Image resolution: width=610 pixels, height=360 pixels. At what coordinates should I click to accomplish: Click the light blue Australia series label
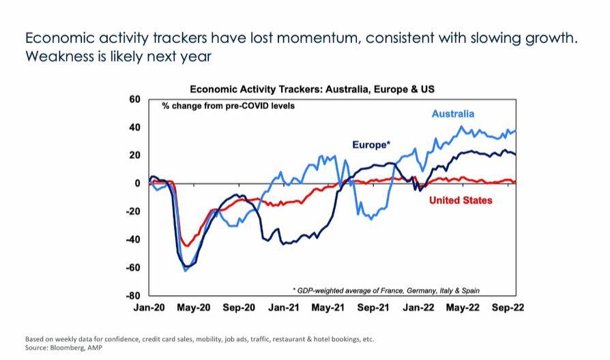(452, 114)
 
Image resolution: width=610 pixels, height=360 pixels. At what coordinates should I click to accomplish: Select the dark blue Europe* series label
(371, 145)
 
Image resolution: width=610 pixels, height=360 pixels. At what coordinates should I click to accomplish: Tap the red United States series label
(461, 200)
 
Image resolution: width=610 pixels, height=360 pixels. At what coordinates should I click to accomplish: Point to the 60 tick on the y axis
(134, 100)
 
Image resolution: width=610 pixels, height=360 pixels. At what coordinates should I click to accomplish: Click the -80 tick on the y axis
(133, 295)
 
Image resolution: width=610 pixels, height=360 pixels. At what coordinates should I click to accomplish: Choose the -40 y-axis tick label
(133, 239)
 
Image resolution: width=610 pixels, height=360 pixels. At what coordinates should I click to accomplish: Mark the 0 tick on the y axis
(137, 183)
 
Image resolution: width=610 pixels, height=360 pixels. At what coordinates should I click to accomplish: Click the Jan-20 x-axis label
(149, 308)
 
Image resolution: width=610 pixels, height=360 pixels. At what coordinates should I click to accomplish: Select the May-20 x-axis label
(194, 308)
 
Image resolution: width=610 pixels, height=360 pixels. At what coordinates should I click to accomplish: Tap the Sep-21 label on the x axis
(373, 308)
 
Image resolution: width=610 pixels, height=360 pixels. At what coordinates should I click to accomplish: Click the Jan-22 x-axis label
(418, 308)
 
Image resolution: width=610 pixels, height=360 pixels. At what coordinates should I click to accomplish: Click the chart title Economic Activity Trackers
(312, 89)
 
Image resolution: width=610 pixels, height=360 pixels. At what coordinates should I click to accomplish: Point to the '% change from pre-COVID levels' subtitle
(228, 106)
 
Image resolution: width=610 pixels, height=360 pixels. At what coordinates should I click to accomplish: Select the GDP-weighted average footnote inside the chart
(386, 290)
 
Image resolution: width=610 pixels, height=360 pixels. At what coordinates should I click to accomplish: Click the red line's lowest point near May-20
(186, 245)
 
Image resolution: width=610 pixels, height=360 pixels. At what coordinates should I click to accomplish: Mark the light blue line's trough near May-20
(186, 271)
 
